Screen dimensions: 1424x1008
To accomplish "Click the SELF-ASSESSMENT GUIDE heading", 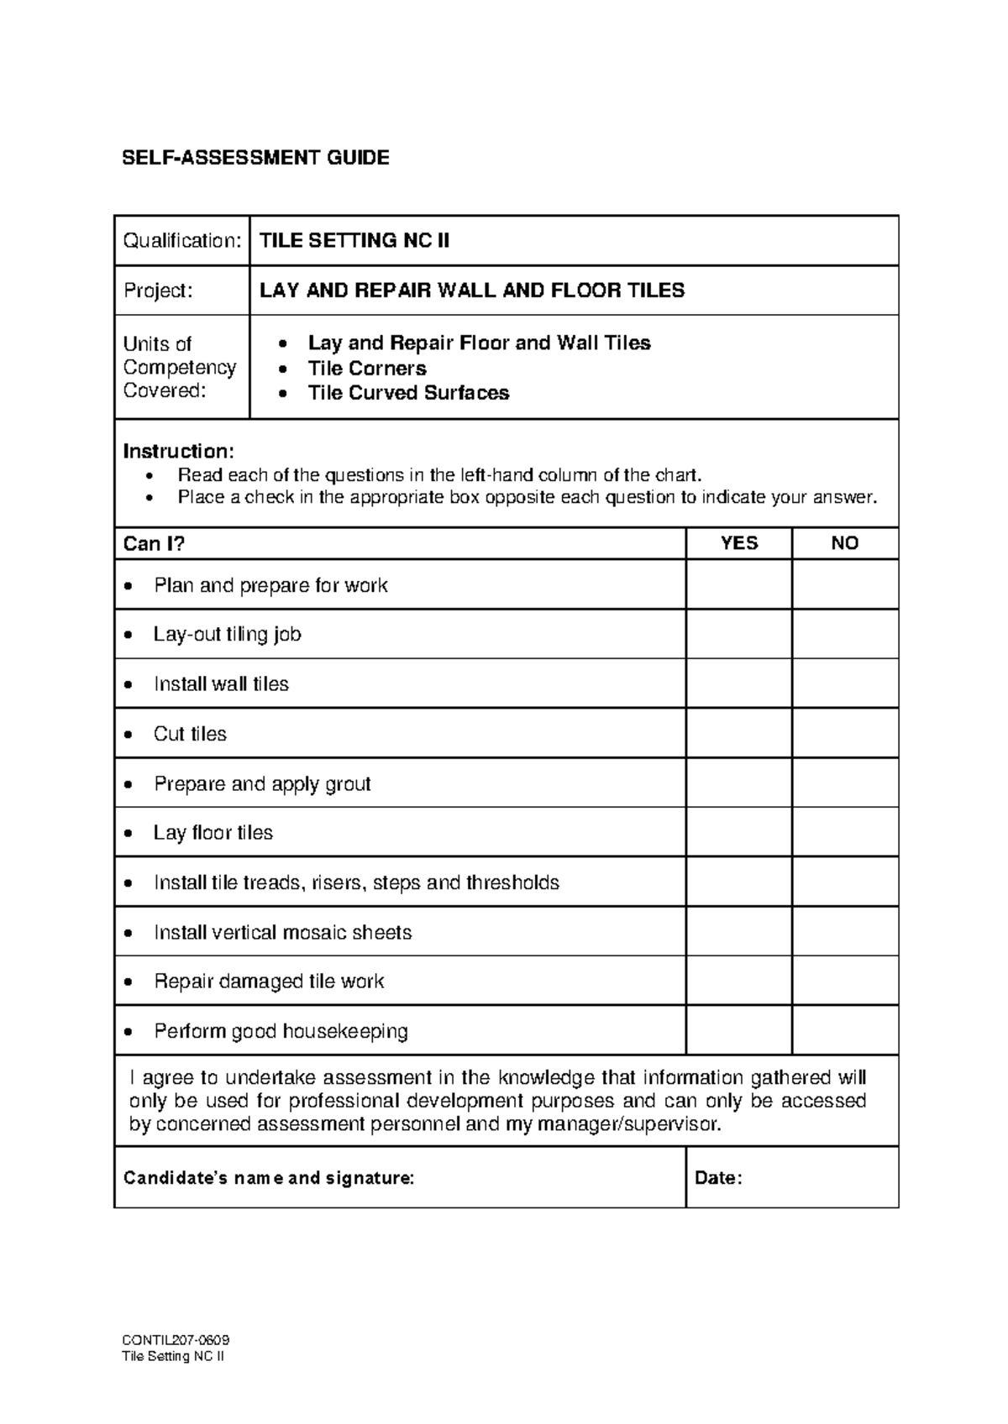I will coord(255,158).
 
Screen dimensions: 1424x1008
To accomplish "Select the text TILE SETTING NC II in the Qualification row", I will coord(354,241).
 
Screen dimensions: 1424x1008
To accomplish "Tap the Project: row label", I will coord(158,291).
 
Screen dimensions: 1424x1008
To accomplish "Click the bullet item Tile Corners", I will coord(367,369).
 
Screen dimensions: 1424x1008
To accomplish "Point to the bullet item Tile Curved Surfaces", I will coord(408,393).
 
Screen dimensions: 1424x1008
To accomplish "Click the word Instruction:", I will coord(178,451).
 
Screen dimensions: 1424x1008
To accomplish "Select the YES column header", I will coord(738,543).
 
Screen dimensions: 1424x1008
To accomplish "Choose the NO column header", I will coord(844,543).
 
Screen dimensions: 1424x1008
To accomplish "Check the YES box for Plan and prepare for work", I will coord(738,584).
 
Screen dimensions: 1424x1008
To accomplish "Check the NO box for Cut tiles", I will coord(845,733).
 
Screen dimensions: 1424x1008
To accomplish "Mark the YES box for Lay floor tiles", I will coord(738,832).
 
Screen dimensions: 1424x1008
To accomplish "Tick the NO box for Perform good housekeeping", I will coord(845,1030).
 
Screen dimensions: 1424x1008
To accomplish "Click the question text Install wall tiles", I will coord(221,684).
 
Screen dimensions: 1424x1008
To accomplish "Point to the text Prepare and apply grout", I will coord(262,784).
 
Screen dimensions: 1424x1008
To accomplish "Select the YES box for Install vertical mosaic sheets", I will coord(738,931).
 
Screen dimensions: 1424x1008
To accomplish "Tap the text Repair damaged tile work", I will coord(269,982).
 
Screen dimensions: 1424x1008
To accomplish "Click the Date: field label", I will coord(718,1178).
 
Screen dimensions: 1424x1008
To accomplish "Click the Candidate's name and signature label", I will coord(269,1178).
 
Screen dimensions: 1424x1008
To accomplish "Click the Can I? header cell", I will coord(154,544).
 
